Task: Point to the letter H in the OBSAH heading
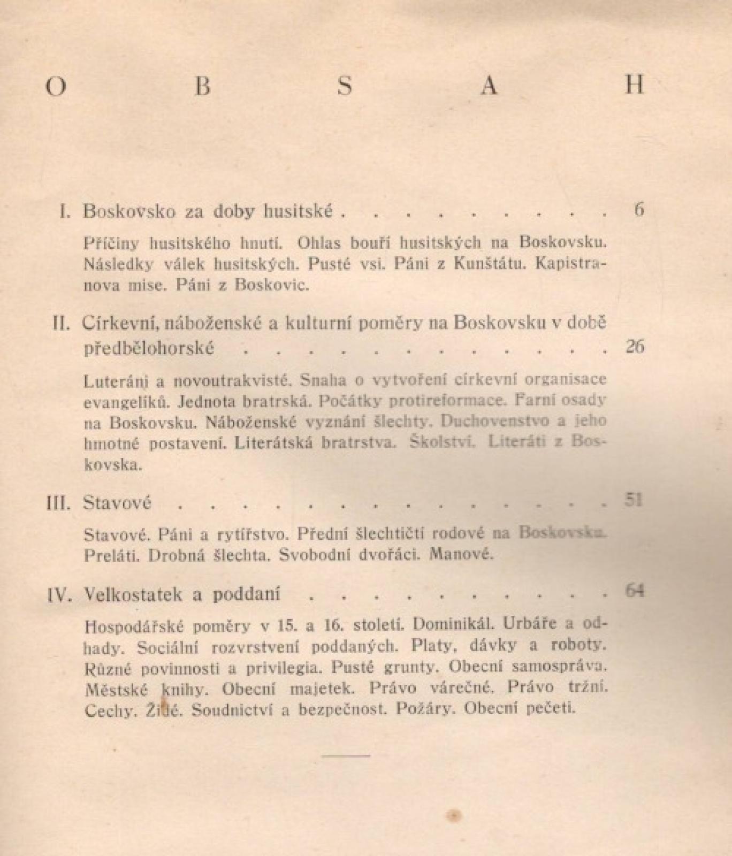pyautogui.click(x=635, y=86)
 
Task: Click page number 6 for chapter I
pyautogui.click(x=639, y=209)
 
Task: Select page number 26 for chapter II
pyautogui.click(x=635, y=347)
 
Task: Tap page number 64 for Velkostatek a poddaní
pyautogui.click(x=634, y=591)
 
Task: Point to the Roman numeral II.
pyautogui.click(x=63, y=323)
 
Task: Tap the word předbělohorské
pyautogui.click(x=149, y=349)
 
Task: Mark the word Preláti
pyautogui.click(x=112, y=555)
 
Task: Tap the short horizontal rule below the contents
pyautogui.click(x=346, y=755)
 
